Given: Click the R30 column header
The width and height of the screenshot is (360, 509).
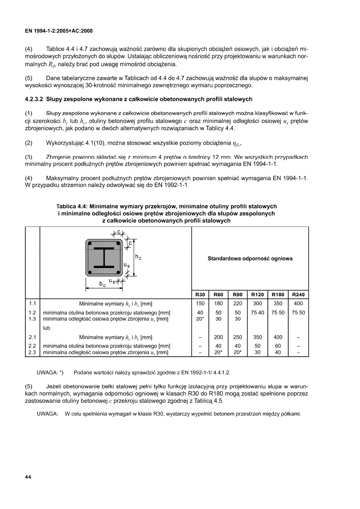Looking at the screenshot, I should pos(200,295).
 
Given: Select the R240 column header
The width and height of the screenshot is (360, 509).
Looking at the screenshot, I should pos(298,295).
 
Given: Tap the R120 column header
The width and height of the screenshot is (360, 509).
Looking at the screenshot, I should pos(258,295).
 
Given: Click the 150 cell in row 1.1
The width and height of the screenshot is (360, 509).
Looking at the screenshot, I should pos(200,303).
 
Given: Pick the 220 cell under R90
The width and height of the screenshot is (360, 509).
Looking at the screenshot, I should pos(237,303).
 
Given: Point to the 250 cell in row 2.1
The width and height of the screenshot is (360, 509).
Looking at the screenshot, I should pos(237,337).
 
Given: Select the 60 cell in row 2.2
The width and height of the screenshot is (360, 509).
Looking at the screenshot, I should pos(278,346).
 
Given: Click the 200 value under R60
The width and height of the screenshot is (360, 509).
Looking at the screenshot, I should pos(219,337).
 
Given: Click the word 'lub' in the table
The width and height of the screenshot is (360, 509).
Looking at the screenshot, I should pos(47,328).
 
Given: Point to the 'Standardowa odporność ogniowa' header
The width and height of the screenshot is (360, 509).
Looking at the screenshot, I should pos(250,259).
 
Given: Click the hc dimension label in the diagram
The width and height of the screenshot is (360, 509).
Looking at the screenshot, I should pos(138,256).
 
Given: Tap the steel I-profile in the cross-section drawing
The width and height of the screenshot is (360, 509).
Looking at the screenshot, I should pos(104,257).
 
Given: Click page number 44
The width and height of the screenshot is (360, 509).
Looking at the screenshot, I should pos(28,477).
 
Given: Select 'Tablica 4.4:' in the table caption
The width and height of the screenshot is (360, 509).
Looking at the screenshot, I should pos(73,206).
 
